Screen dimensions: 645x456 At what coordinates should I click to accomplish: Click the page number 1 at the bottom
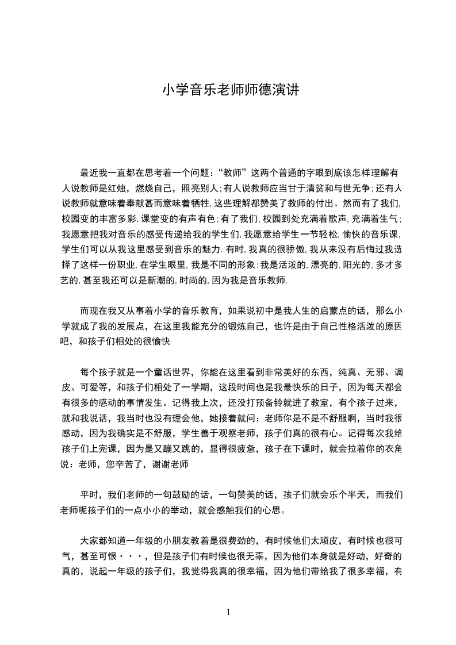(228, 612)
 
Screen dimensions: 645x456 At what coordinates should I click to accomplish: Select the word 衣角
(393, 449)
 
